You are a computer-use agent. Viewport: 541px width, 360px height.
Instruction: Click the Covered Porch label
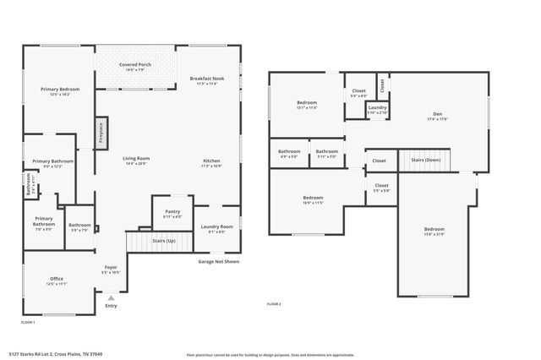[135, 63]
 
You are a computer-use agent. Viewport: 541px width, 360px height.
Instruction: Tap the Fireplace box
[101, 134]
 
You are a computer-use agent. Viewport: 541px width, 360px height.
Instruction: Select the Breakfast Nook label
[207, 79]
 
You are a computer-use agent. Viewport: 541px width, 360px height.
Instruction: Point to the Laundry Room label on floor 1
[216, 226]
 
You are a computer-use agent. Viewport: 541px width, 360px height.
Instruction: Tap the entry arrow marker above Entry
[111, 297]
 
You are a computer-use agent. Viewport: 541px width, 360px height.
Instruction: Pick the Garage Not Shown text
[219, 261]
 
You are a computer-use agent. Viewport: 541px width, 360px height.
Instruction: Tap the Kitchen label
[210, 161]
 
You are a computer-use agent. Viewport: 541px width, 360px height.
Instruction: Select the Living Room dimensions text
[136, 164]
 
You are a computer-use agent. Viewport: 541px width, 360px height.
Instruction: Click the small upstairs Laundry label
[377, 107]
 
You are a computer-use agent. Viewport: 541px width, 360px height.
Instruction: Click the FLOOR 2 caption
[274, 303]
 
